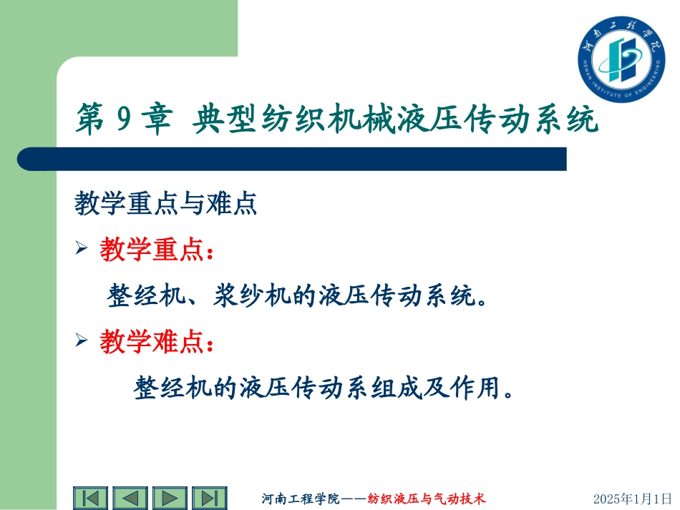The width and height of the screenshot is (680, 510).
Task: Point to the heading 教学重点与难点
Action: tap(165, 206)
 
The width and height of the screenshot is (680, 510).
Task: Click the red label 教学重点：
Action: tap(156, 251)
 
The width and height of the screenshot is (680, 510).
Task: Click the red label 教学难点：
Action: tap(156, 343)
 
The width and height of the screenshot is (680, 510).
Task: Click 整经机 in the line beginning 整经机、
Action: tap(144, 296)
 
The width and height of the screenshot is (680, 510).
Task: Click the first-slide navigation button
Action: tap(90, 498)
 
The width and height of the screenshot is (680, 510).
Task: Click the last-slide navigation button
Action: tap(209, 498)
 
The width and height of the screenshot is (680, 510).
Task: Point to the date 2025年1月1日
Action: tap(633, 499)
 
